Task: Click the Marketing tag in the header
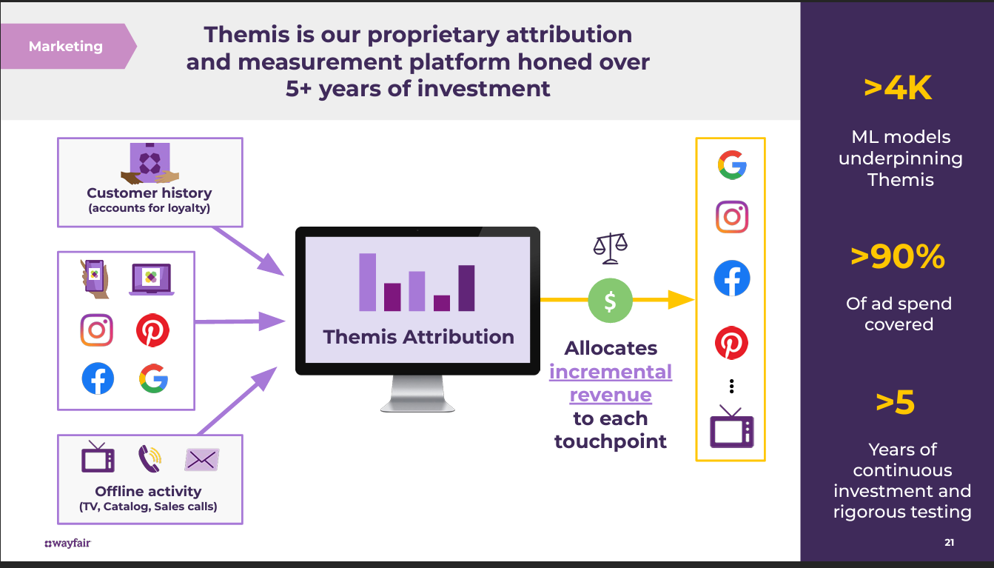point(67,46)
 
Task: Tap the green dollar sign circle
point(610,301)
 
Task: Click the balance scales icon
point(610,248)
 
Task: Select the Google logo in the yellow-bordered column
point(732,164)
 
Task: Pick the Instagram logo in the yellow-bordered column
point(732,217)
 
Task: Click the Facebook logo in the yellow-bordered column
point(732,278)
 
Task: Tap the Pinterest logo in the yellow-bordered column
point(732,343)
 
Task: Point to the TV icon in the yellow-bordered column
point(732,427)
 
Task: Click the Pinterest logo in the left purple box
point(152,330)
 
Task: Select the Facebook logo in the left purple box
point(98,378)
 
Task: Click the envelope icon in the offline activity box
point(202,460)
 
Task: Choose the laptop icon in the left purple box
point(152,279)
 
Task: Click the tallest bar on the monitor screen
point(367,282)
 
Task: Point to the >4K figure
point(898,88)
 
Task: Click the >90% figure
point(898,257)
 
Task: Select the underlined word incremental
point(611,372)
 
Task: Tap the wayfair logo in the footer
point(67,543)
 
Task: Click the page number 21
point(949,542)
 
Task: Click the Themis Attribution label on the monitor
point(418,337)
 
